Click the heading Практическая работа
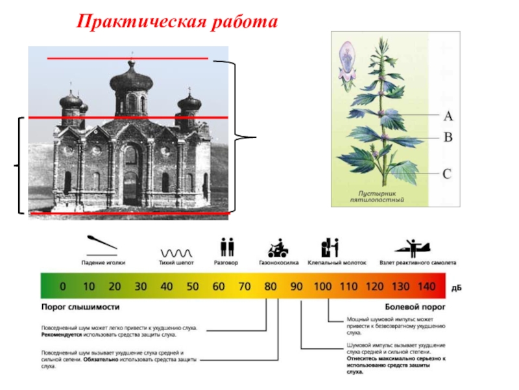point(176,22)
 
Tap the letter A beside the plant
point(448,116)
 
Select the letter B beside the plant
point(448,138)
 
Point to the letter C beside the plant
point(448,174)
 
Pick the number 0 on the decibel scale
point(63,286)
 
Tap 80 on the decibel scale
point(271,286)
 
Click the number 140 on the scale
point(426,286)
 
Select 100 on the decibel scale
point(322,286)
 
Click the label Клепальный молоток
point(339,263)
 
